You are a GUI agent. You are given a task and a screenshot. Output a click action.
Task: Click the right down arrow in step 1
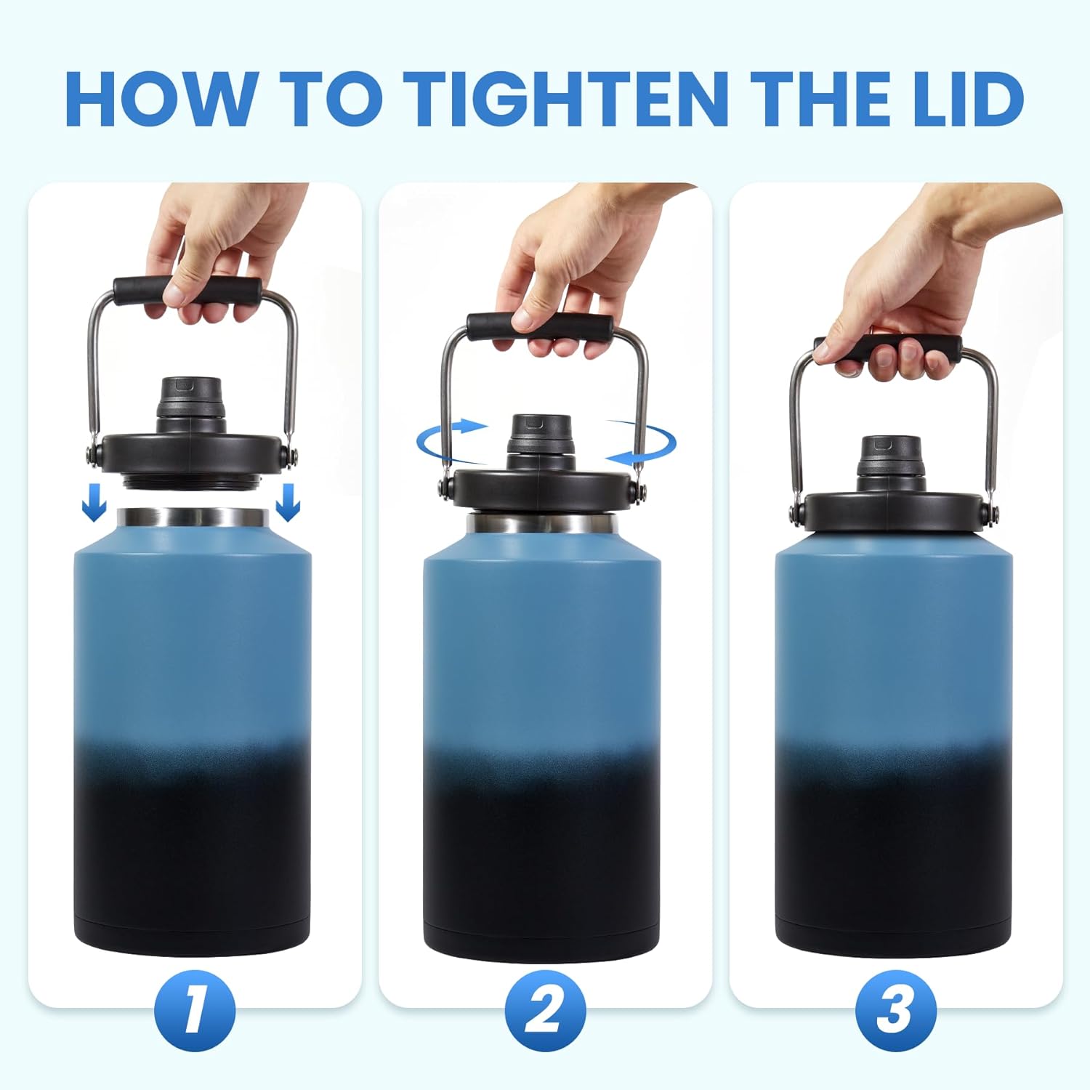click(x=288, y=502)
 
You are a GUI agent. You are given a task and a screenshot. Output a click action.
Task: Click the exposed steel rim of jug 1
click(x=193, y=517)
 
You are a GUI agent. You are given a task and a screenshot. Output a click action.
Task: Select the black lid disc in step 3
click(x=892, y=509)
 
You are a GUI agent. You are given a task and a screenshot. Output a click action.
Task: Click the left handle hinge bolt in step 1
click(x=92, y=455)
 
